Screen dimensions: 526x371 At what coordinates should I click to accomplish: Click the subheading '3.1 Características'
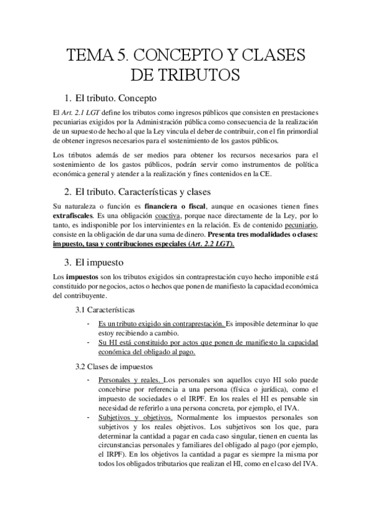coord(105,309)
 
